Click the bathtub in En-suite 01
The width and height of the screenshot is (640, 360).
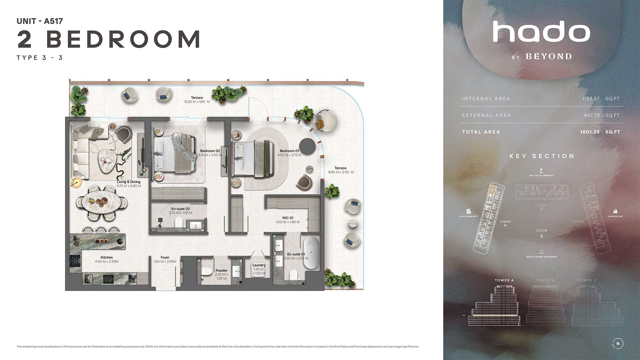311,253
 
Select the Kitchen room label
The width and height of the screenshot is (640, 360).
107,257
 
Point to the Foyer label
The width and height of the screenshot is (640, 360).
165,257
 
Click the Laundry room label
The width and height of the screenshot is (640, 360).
259,265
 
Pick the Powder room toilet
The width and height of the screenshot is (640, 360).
207,272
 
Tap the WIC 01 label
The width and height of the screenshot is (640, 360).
288,218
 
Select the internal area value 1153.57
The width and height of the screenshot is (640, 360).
591,99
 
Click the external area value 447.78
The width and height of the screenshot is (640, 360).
591,116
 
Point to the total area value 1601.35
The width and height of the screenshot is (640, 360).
590,132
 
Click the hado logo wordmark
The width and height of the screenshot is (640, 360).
541,32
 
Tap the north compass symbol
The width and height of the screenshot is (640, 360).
618,344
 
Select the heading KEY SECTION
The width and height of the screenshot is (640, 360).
542,156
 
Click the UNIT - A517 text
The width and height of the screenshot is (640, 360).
40,21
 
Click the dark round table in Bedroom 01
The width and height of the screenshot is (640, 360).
308,146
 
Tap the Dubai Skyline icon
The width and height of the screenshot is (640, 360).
615,211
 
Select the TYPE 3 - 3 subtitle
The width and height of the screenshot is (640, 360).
40,58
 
